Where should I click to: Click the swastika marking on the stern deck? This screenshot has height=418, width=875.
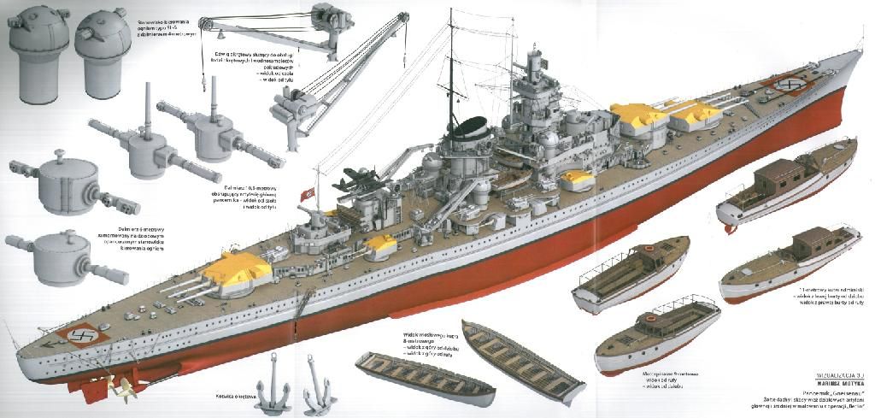pyautogui.click(x=82, y=335)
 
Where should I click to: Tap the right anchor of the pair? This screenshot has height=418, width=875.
pyautogui.click(x=318, y=394)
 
